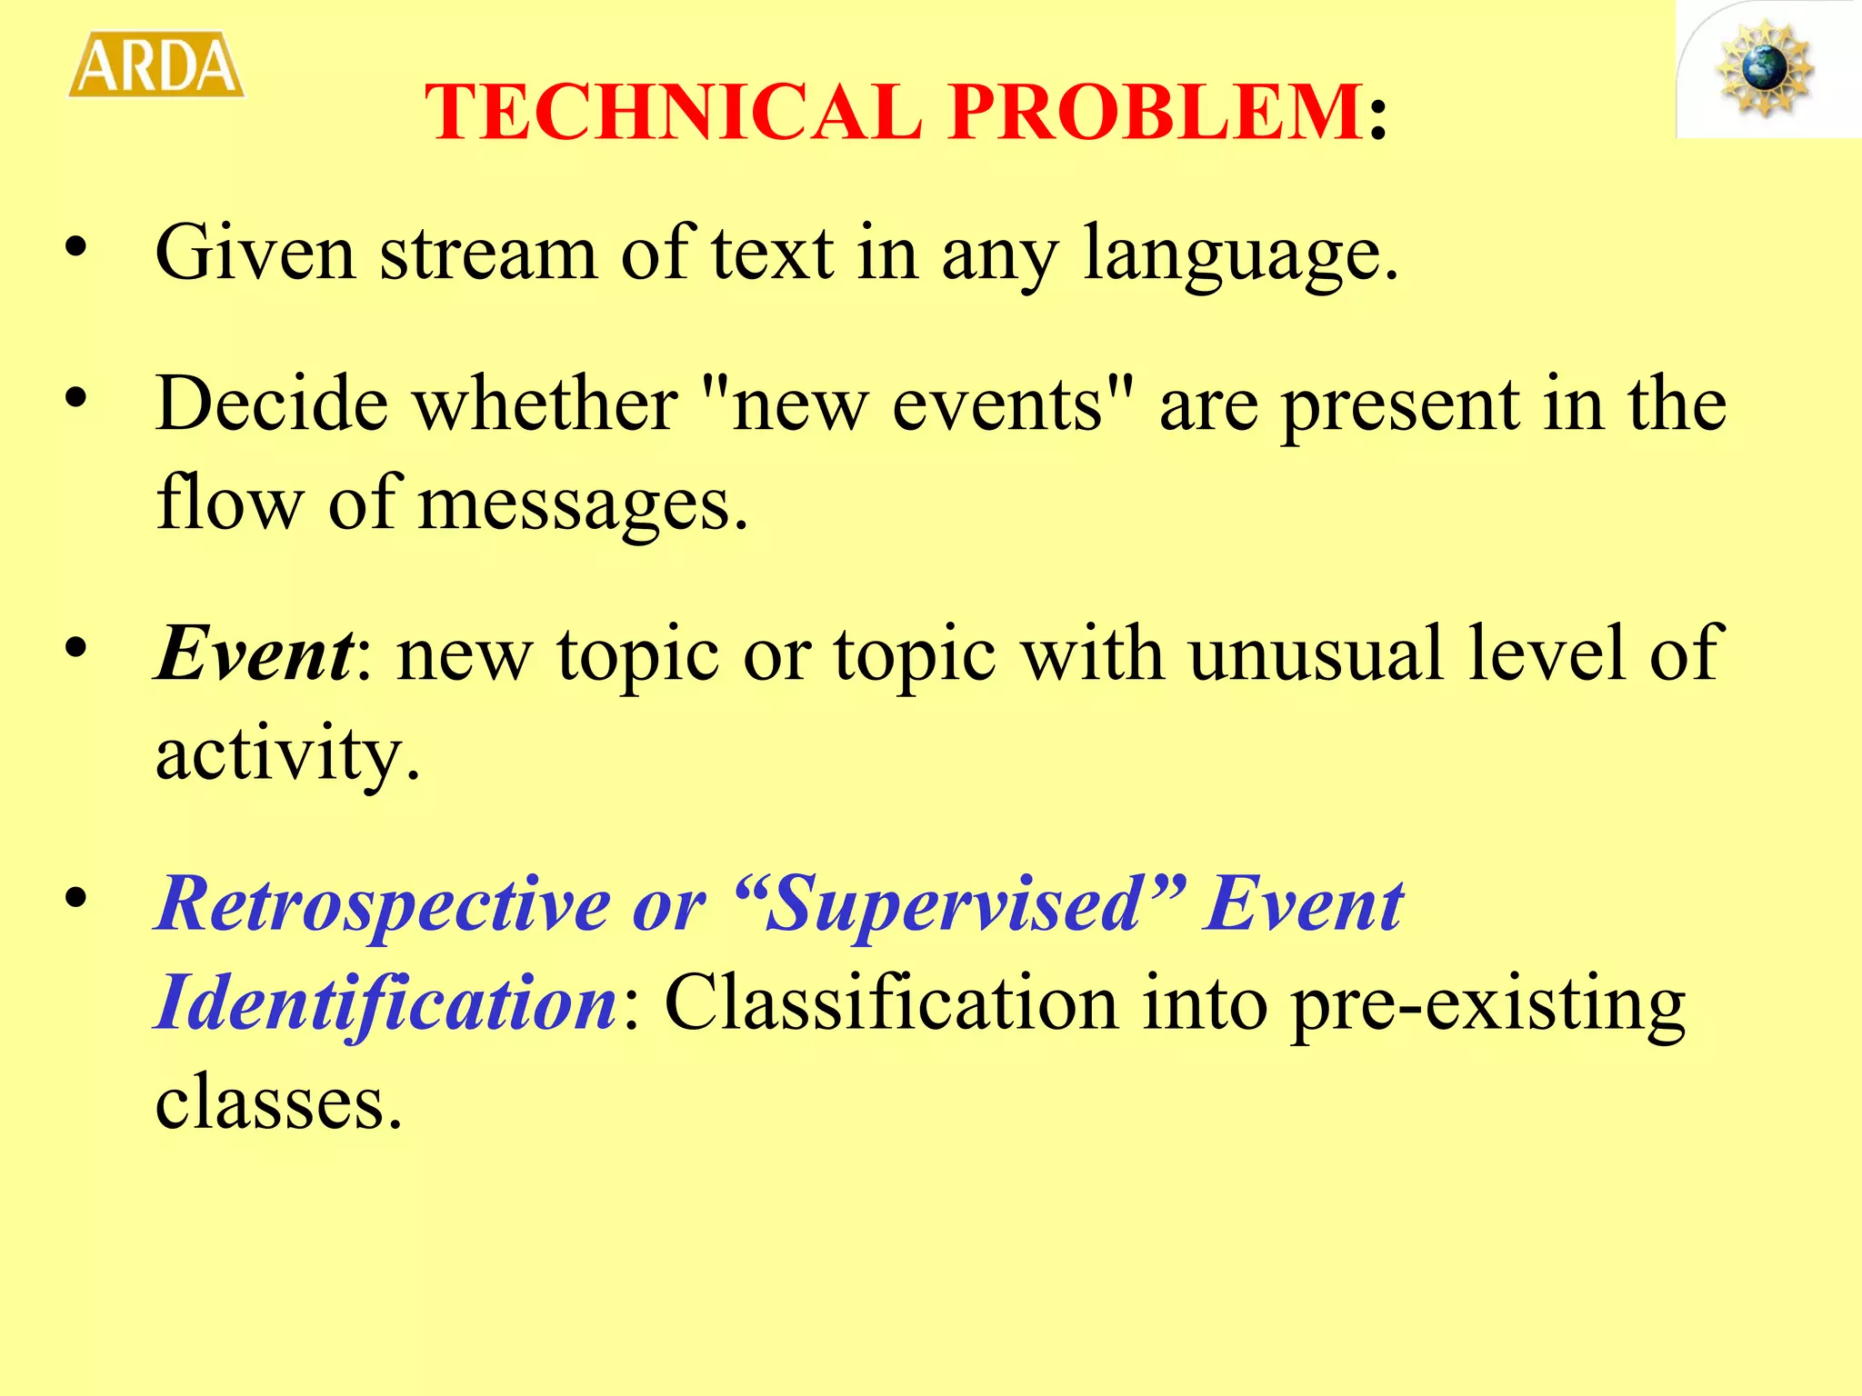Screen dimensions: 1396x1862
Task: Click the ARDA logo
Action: [156, 65]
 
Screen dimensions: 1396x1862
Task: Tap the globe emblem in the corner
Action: [1764, 68]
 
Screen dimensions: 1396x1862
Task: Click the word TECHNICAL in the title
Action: [673, 112]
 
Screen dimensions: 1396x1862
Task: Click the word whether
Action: [546, 404]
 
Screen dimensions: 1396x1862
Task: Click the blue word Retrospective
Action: [382, 905]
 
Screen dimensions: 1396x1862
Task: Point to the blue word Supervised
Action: [955, 905]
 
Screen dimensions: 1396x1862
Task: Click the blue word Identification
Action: [386, 1003]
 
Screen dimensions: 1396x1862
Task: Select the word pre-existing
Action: [1487, 1005]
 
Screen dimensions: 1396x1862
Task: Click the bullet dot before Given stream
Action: [76, 247]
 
